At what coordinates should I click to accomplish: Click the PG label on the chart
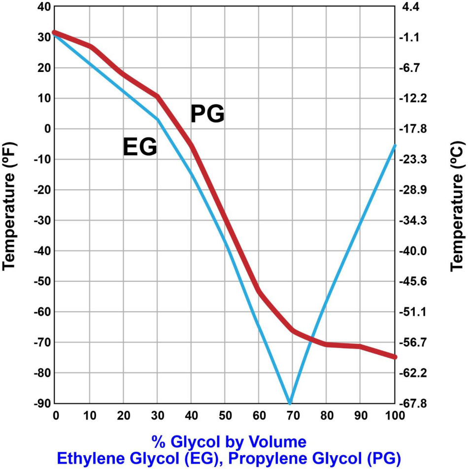click(207, 114)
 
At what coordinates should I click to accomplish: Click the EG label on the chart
click(140, 147)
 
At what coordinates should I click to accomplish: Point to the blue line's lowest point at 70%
click(290, 403)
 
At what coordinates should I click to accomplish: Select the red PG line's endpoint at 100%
click(394, 357)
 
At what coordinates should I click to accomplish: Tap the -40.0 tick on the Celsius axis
click(419, 251)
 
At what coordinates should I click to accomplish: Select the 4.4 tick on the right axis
click(417, 7)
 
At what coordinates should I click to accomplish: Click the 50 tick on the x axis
click(225, 416)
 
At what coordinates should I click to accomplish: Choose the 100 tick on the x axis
click(395, 416)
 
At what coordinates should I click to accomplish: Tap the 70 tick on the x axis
click(293, 416)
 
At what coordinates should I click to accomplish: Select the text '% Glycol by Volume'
click(229, 440)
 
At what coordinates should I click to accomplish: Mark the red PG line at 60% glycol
click(259, 291)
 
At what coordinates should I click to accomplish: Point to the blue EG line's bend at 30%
click(158, 119)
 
